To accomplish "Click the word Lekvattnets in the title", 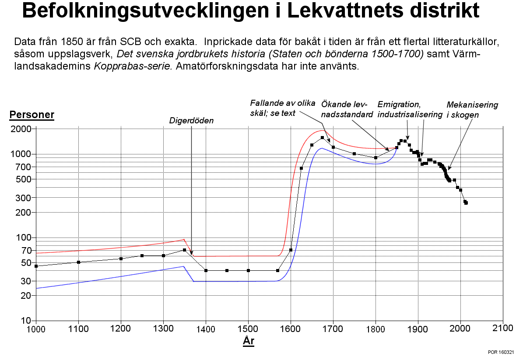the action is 345,10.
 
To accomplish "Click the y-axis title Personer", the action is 32,115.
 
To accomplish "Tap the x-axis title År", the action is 249,341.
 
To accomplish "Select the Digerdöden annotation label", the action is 191,121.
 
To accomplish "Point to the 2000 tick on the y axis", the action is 21,129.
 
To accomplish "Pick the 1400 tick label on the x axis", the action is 205,329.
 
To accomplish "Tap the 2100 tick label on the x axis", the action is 503,328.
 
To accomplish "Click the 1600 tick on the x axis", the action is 291,329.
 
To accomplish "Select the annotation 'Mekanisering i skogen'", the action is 472,110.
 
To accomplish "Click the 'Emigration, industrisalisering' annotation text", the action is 410,109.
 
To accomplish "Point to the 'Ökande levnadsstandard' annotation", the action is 347,109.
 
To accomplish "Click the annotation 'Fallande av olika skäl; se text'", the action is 283,108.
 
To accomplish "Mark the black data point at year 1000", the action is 36,266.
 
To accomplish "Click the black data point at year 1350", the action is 184,250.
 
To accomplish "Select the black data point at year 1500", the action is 248,271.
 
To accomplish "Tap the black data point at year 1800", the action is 376,158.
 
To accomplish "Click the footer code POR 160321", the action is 501,352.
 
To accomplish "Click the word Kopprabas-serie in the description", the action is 133,66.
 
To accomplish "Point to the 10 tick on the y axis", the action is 26,321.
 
